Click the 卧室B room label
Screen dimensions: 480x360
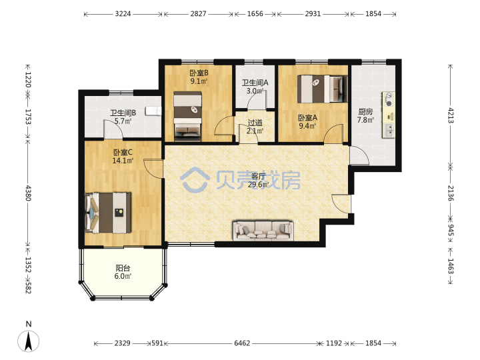coord(199,73)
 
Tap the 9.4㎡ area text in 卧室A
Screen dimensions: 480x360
coord(307,126)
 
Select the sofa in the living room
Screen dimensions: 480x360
coord(263,230)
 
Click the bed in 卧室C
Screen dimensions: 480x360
coord(108,213)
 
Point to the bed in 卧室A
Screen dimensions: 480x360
coord(323,89)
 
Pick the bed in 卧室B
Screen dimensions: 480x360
coord(187,116)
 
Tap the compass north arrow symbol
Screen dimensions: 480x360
coord(29,341)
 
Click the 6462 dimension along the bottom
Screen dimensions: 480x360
coord(242,343)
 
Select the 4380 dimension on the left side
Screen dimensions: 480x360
coord(28,193)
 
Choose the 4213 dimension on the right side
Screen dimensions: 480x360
coord(451,115)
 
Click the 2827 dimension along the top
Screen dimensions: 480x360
coord(199,14)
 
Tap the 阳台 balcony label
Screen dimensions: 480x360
coord(123,268)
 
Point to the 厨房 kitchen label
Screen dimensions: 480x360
coord(365,112)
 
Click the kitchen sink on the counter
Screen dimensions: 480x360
coord(389,130)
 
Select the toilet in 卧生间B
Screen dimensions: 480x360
coord(153,111)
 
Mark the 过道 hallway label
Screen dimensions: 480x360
coord(255,123)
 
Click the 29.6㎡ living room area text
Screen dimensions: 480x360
coord(259,185)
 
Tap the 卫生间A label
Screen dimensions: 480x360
coord(255,83)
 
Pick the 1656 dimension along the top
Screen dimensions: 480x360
coord(255,14)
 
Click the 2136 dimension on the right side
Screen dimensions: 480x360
coord(451,193)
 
